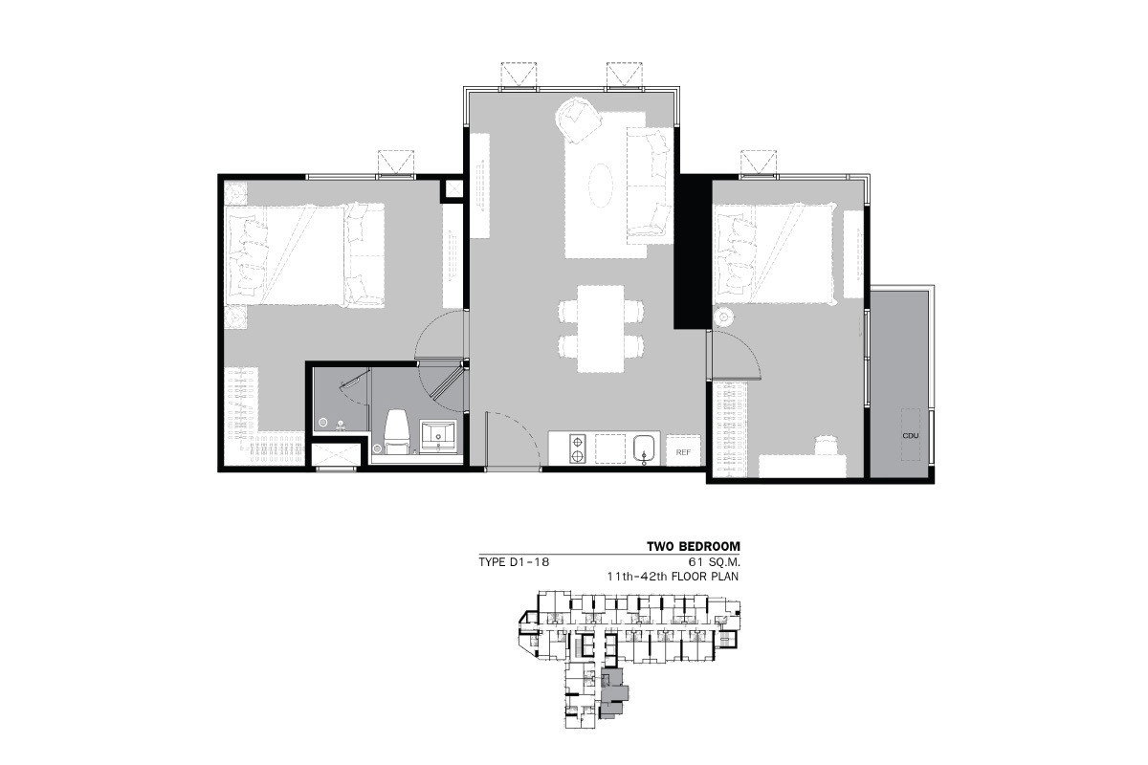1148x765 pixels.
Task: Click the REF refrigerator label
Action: [x=683, y=452]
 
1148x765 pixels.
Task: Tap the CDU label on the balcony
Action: [x=911, y=435]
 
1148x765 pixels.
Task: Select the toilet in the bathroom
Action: [x=397, y=432]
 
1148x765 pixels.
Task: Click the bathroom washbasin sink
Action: [x=438, y=437]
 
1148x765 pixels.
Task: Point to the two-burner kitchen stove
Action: [x=578, y=448]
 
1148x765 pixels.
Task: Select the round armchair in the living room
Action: [x=579, y=120]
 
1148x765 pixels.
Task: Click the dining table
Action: [x=601, y=328]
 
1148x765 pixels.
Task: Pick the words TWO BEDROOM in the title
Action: [x=694, y=546]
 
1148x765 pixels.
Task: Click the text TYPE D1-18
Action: [x=514, y=562]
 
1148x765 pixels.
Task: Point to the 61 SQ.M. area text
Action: [x=713, y=562]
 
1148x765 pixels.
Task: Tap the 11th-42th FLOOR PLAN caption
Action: [x=673, y=577]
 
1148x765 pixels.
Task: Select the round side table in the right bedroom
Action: [x=723, y=317]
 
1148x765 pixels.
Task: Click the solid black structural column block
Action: [x=693, y=251]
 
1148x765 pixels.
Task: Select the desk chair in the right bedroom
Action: [x=826, y=445]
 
